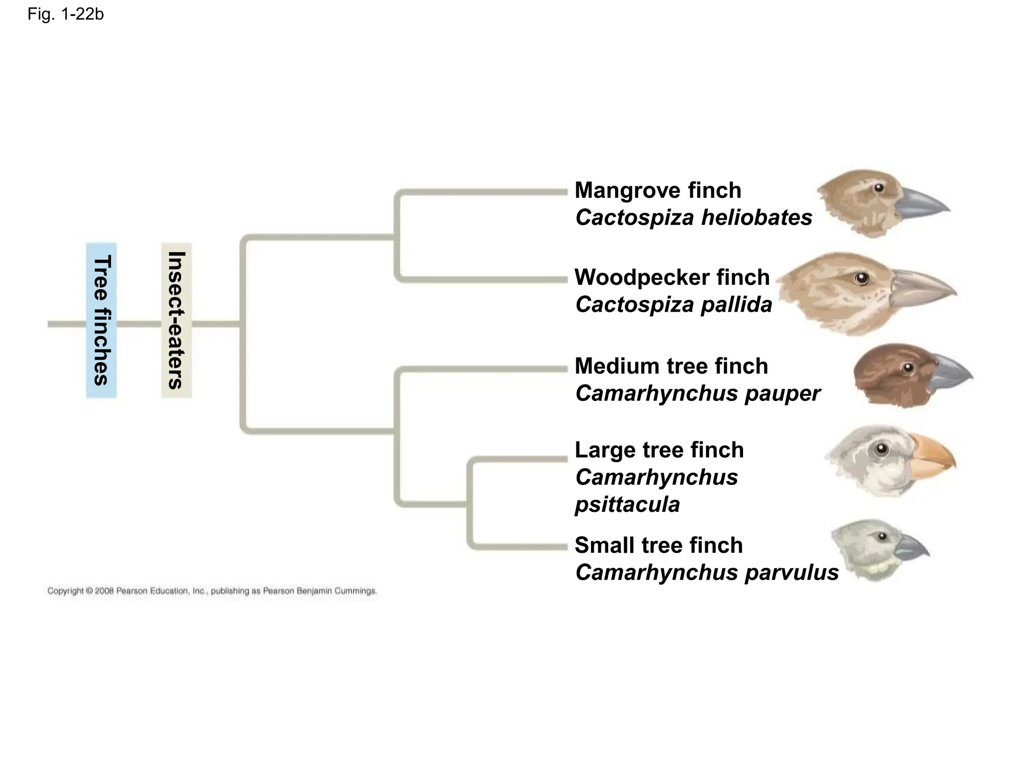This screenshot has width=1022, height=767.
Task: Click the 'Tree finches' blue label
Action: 101,320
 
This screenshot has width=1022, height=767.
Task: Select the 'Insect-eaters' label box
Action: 176,320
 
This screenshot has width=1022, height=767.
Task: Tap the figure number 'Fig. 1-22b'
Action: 65,14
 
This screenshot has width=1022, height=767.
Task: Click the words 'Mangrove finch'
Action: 658,190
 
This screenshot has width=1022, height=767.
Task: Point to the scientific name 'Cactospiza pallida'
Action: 673,305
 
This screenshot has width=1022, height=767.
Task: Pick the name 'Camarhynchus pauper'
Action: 697,393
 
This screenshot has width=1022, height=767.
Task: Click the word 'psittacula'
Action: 627,504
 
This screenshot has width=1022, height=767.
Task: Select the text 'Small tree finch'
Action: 658,545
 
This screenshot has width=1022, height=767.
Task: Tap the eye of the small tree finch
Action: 882,536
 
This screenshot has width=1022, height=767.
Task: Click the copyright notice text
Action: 212,591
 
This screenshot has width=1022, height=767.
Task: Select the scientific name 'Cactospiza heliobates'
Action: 693,218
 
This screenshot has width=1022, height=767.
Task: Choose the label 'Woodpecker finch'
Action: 672,278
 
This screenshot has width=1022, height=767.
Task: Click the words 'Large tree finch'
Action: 659,450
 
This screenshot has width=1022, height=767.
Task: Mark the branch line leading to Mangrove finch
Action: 482,192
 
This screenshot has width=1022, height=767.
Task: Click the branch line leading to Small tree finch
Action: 519,547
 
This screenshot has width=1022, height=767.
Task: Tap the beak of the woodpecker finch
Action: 923,288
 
